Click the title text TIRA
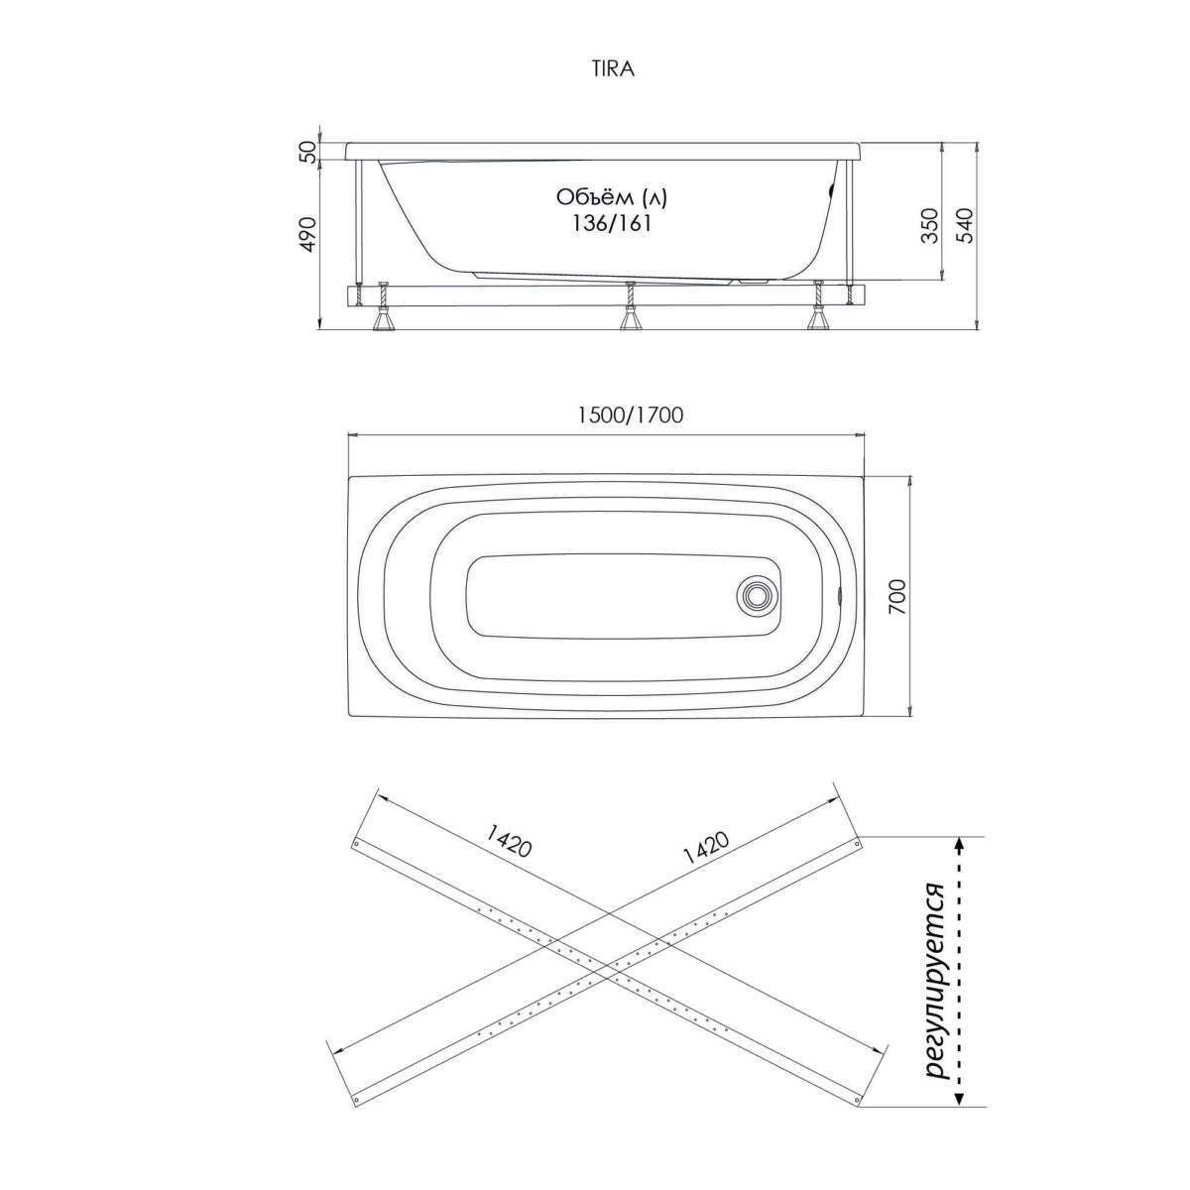pos(613,69)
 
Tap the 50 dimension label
pos(309,152)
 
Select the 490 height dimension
pos(309,235)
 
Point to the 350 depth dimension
pos(930,227)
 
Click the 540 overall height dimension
pos(967,227)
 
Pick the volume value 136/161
pos(611,223)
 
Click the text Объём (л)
pos(612,197)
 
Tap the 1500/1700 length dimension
pos(630,415)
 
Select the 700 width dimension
pos(896,596)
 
